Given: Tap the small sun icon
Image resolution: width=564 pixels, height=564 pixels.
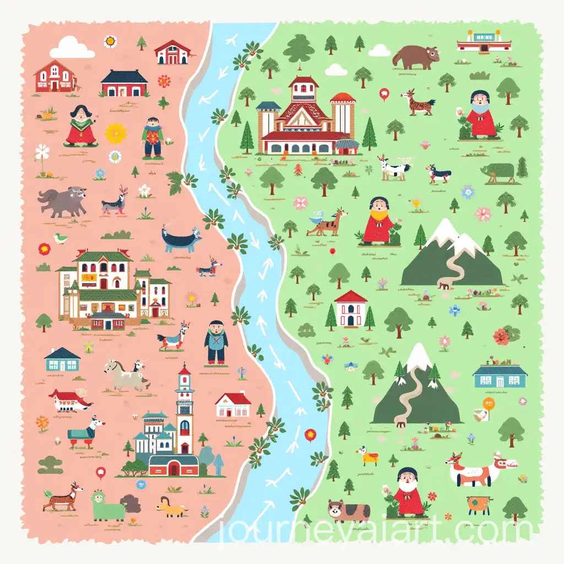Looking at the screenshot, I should pyautogui.click(x=110, y=41).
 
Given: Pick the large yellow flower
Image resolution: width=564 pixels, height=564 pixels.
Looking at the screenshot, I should pyautogui.click(x=116, y=133).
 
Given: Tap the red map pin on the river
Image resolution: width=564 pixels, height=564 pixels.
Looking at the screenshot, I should pyautogui.click(x=311, y=434).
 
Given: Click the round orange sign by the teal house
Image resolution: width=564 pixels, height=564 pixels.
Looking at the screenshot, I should pyautogui.click(x=489, y=404).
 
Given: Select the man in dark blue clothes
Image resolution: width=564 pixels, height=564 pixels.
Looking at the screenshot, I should pyautogui.click(x=215, y=343).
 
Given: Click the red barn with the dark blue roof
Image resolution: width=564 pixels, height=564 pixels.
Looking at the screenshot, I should pyautogui.click(x=124, y=83).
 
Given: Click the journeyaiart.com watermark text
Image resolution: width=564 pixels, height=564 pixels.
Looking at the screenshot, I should pyautogui.click(x=375, y=531).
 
